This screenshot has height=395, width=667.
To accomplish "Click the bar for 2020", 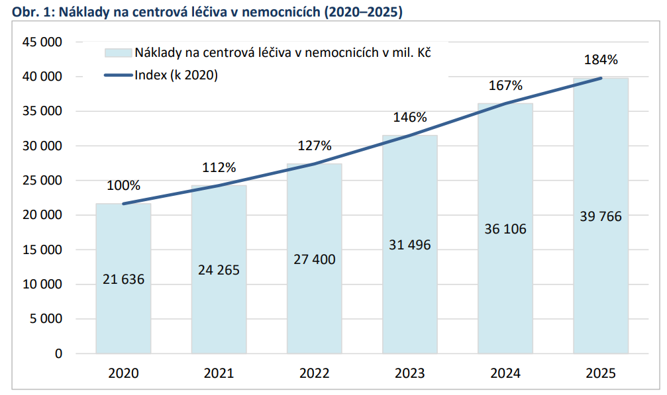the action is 123,279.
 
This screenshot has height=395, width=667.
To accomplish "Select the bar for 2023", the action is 409,244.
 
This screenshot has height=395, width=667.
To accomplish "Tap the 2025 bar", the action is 601,216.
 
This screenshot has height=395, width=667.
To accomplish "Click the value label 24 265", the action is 219,270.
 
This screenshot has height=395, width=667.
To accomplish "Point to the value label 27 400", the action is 315,259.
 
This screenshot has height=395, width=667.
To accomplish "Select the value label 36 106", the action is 505,229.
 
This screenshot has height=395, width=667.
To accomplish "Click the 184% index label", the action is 601,60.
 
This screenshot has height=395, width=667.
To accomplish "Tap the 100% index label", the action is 123,186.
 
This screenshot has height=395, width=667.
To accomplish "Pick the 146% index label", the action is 409,117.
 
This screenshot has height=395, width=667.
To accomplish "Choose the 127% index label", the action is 315,146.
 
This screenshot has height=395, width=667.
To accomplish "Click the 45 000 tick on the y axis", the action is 42,42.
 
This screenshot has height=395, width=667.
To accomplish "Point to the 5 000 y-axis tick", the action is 46,318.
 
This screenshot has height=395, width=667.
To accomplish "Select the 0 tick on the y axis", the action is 59,353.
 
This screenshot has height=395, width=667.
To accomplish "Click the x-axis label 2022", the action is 315,373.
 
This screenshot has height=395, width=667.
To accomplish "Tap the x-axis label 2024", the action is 505,373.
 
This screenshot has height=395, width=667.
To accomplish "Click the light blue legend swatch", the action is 119,53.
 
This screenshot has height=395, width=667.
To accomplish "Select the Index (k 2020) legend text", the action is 176,75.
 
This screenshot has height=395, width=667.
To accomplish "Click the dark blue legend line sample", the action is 119,75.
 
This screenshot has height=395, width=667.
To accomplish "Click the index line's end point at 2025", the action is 601,78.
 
